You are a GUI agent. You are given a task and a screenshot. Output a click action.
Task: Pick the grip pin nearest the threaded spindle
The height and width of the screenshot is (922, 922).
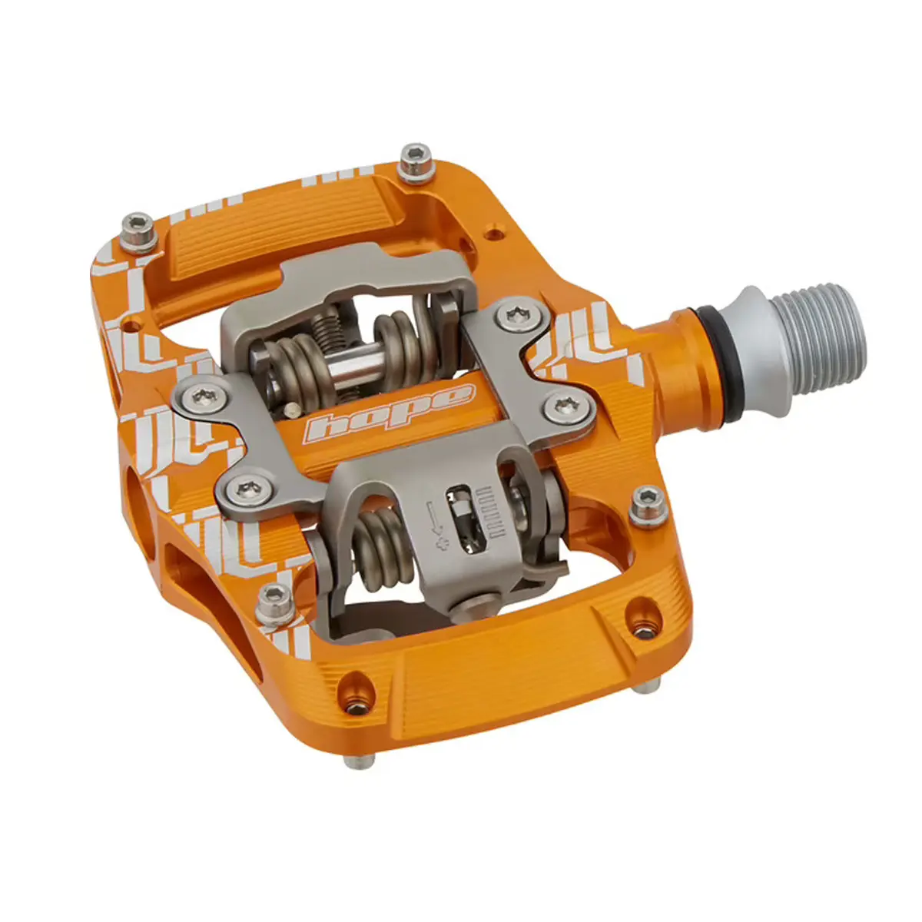point(647,506)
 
